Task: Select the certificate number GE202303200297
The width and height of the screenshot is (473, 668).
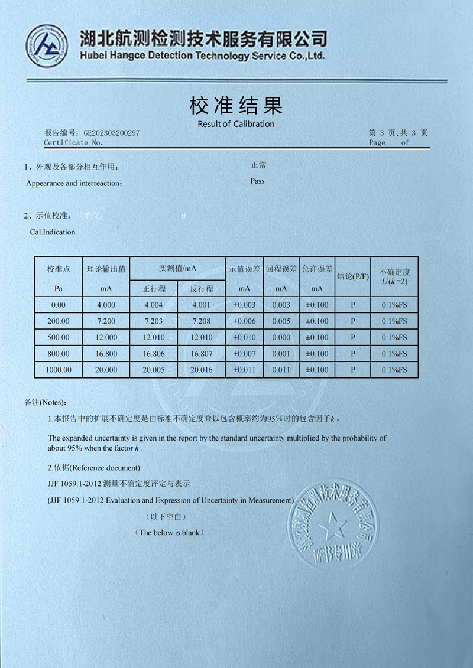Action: point(112,133)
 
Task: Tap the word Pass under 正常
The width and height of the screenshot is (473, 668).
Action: point(257,181)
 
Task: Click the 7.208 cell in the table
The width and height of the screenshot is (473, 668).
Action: point(201,321)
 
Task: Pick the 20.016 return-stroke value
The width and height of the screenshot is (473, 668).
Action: point(201,370)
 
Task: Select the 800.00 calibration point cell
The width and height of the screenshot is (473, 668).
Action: point(59,354)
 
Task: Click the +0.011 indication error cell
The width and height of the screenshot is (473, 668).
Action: point(244,370)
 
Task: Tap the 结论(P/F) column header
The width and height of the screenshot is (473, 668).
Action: point(353,276)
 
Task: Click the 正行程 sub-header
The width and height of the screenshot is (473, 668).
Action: point(154,289)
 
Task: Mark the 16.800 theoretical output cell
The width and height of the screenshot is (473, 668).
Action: point(106,354)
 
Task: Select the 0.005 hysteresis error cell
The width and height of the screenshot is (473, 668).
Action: point(281,321)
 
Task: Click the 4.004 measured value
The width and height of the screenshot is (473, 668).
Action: point(154,305)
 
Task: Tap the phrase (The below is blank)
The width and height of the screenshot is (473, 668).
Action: point(170,532)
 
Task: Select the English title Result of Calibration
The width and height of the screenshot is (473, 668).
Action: point(236,124)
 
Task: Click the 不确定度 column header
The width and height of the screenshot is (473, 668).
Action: point(394,272)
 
